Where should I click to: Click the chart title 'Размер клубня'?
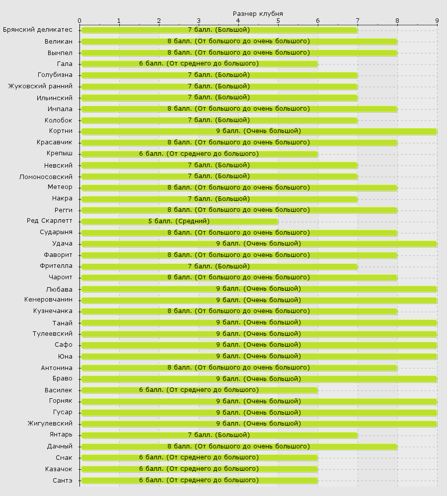click(258, 13)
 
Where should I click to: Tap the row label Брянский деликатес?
click(38, 30)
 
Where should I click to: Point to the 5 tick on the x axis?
click(278, 20)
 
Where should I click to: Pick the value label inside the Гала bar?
click(199, 63)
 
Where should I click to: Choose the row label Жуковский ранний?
click(40, 86)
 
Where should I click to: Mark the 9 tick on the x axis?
click(437, 20)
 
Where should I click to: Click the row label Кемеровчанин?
click(48, 300)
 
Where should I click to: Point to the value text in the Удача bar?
click(258, 244)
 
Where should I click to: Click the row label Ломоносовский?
click(46, 177)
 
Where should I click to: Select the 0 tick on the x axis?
click(79, 20)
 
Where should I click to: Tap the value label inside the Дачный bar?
click(238, 446)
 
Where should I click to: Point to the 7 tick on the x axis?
click(358, 20)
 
